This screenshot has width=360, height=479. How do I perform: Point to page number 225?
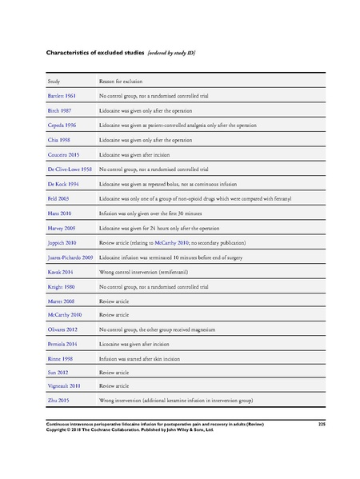tap(322, 422)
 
